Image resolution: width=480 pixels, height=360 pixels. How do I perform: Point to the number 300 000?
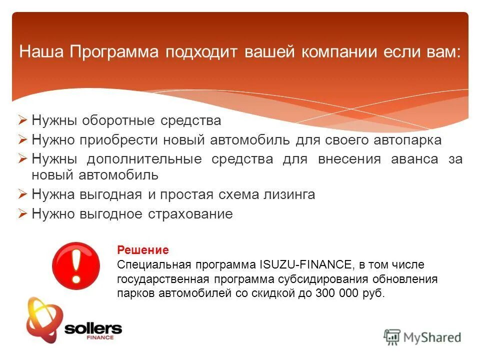tap(336, 293)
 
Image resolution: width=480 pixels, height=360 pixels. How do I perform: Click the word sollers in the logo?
tap(93, 328)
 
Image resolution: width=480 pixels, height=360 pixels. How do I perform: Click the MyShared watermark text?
tap(433, 337)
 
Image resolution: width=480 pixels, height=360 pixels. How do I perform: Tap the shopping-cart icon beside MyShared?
tap(392, 337)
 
